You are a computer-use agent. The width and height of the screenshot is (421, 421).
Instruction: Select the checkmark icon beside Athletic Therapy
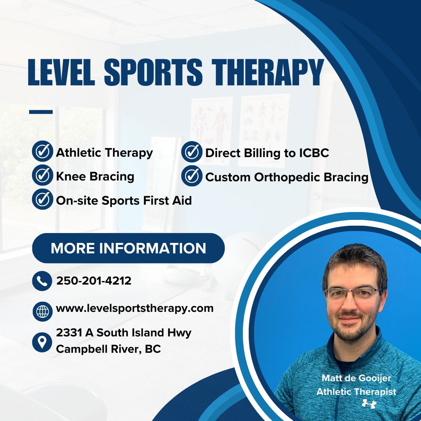click(x=42, y=152)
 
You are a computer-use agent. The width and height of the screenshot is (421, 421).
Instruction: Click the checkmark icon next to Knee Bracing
click(x=42, y=176)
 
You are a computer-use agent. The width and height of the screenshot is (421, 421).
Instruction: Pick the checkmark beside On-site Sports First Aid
click(x=42, y=200)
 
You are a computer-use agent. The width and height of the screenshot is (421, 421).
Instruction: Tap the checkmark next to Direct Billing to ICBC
click(x=192, y=152)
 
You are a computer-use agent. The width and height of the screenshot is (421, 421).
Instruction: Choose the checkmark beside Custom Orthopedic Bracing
click(x=192, y=176)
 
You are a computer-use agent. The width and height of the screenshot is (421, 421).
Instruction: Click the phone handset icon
click(x=42, y=281)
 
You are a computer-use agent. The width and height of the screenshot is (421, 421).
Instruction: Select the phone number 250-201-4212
click(x=94, y=281)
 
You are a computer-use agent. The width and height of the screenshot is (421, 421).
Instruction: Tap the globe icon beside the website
click(x=42, y=311)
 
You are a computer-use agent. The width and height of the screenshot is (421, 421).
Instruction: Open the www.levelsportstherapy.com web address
click(x=135, y=308)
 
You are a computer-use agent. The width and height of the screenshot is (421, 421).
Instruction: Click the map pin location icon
click(x=42, y=341)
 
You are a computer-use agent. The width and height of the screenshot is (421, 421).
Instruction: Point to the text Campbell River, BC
click(x=108, y=349)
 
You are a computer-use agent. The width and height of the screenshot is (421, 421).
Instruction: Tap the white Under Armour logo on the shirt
click(x=369, y=404)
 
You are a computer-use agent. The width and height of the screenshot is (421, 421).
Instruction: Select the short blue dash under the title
click(x=41, y=112)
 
